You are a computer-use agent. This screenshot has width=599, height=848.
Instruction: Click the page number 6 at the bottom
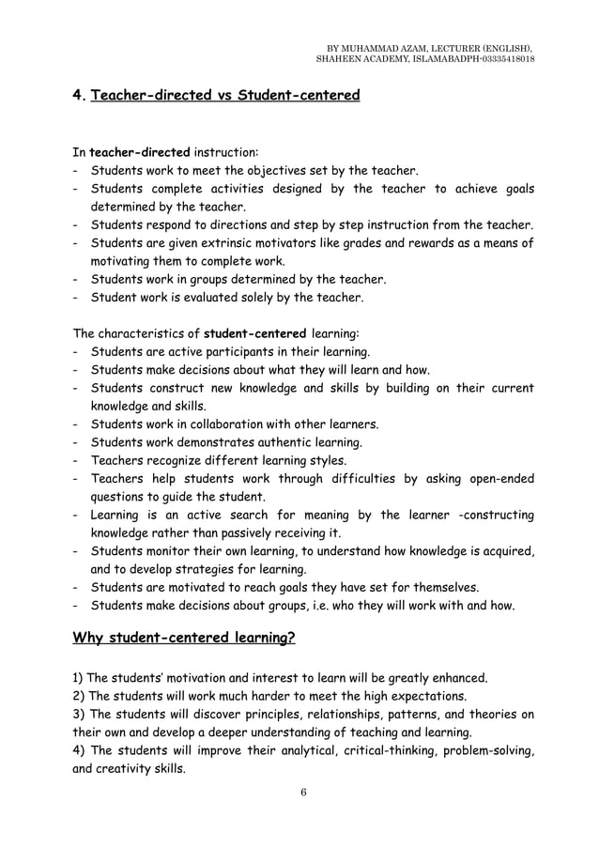point(303,792)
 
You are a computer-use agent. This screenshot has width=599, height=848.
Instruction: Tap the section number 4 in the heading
point(77,95)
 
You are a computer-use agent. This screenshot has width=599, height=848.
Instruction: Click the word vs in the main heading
point(221,95)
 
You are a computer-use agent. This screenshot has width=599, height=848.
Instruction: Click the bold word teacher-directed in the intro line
point(139,151)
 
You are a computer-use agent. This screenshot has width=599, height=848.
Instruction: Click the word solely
point(266,298)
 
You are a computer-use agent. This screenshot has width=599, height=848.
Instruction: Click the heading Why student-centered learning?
point(184,640)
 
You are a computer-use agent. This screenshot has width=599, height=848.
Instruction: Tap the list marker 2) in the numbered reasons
point(79,696)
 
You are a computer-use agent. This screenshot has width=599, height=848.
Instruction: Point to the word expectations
point(422,696)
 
